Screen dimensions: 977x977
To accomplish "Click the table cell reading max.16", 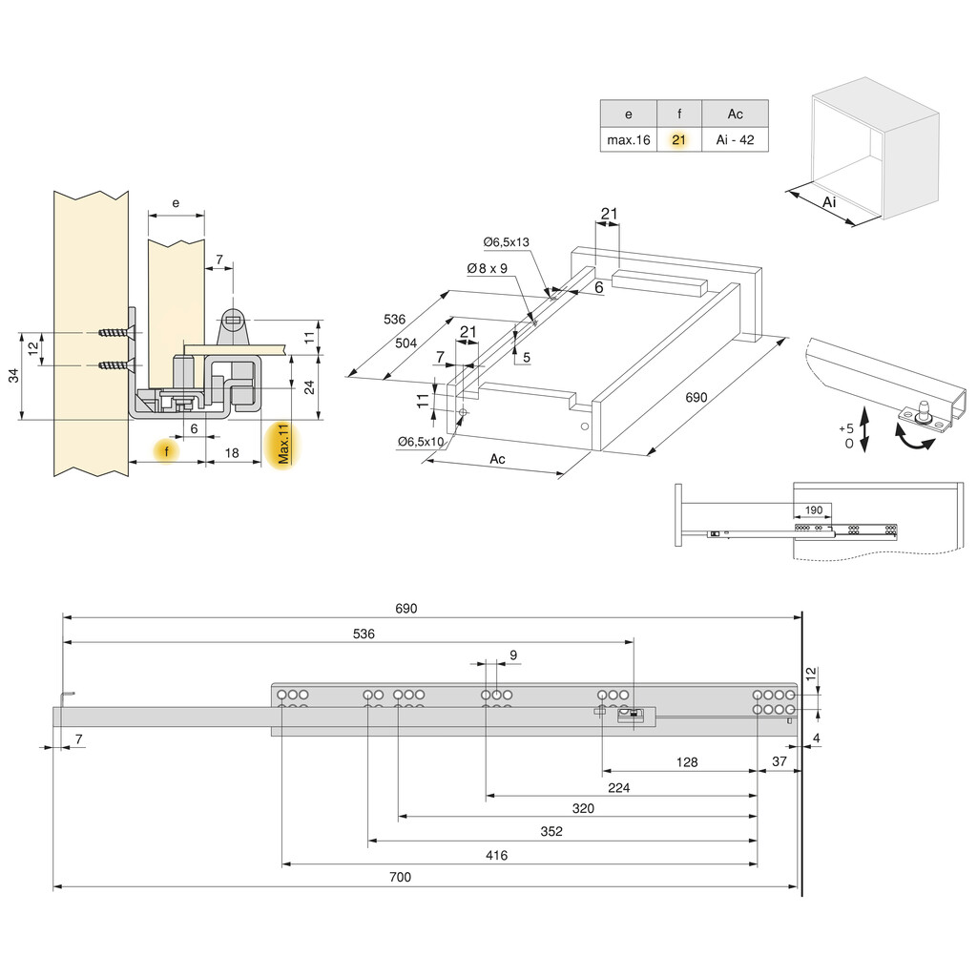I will [x=628, y=139].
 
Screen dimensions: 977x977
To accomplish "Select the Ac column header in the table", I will [x=735, y=114].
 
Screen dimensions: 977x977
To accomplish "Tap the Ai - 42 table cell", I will [x=735, y=139].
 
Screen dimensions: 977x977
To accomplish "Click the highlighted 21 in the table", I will [x=678, y=139].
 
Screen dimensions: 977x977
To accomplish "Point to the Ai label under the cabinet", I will [x=829, y=202].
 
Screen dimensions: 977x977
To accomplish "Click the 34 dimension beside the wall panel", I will [x=13, y=377].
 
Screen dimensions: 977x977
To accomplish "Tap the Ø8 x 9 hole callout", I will [x=487, y=269].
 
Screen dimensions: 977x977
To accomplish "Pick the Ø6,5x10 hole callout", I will [x=422, y=441].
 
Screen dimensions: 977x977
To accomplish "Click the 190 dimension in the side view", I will [x=813, y=510].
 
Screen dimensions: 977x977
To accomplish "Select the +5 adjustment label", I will [x=844, y=428].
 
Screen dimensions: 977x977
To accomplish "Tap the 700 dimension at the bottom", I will [x=401, y=877].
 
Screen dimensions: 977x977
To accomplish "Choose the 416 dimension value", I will [x=496, y=856].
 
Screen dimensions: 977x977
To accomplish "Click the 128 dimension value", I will [x=686, y=762].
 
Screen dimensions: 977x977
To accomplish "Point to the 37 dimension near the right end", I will [x=780, y=760].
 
